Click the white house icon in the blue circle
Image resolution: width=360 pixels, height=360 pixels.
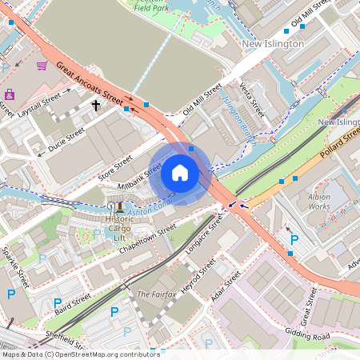click(180, 172)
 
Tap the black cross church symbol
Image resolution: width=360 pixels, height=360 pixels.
click(96, 105)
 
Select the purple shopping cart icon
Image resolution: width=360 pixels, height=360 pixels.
click(42, 66)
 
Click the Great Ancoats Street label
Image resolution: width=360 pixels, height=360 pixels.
click(90, 82)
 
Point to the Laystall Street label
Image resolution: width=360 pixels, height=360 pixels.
click(40, 106)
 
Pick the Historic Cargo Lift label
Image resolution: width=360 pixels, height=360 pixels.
click(120, 228)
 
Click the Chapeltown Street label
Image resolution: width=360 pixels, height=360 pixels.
click(143, 240)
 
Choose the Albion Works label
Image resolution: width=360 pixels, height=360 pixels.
click(319, 201)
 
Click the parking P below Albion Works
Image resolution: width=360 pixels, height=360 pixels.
click(294, 239)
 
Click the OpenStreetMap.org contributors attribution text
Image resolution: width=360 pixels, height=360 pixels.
click(104, 354)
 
